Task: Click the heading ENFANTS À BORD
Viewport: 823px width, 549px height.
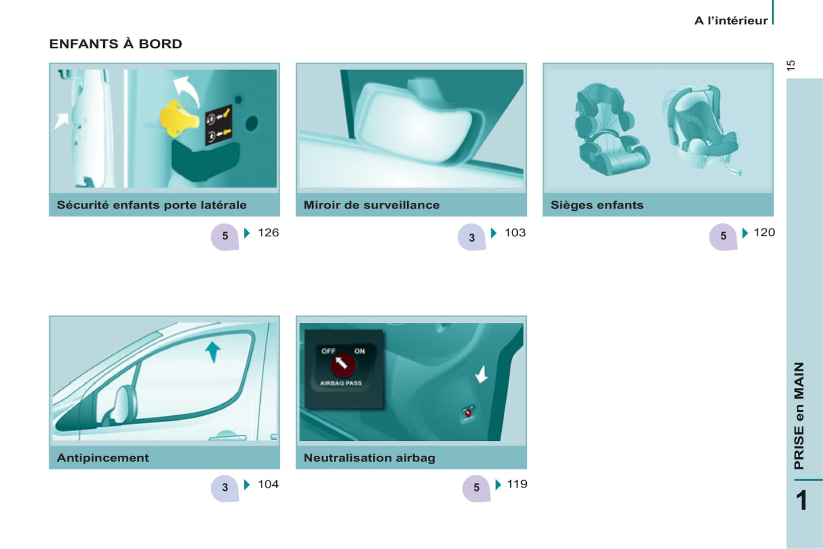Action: click(x=116, y=44)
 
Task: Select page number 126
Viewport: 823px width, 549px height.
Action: click(x=268, y=232)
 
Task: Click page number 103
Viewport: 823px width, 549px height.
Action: click(x=515, y=232)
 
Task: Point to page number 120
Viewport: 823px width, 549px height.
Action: click(x=764, y=232)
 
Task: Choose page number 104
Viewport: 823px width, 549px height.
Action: click(x=268, y=484)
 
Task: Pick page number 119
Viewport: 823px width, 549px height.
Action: click(x=517, y=484)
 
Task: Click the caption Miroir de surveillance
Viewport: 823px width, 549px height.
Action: click(x=371, y=205)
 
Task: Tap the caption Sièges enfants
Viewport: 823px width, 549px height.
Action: click(x=597, y=205)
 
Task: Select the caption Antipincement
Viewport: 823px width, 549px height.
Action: click(x=103, y=458)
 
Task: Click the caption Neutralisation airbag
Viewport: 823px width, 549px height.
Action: click(x=369, y=458)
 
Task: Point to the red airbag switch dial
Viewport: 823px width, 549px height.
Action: click(x=343, y=364)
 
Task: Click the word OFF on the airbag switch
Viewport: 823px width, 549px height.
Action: click(x=328, y=351)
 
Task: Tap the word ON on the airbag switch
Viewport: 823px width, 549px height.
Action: click(x=360, y=351)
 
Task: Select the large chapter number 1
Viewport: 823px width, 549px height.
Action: click(x=801, y=500)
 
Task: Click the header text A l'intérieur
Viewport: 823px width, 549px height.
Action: click(x=731, y=21)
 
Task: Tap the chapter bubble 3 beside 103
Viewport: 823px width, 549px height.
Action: click(x=472, y=237)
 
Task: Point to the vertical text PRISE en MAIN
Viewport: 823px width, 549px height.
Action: click(x=800, y=416)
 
